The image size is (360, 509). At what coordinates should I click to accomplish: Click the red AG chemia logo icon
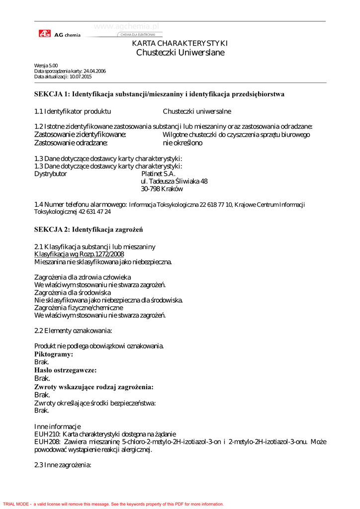click(x=44, y=34)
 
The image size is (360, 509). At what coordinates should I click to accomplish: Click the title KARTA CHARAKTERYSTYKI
click(x=180, y=44)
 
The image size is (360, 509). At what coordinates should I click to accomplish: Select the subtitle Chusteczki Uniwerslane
click(x=180, y=53)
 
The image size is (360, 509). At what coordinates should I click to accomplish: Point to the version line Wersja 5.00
click(x=46, y=66)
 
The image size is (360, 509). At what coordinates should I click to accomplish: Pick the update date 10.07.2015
click(x=81, y=77)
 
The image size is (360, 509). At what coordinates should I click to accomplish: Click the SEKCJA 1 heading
click(x=159, y=94)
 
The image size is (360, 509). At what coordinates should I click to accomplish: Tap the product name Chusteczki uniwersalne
click(x=197, y=111)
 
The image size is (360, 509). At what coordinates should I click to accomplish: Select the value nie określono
click(x=182, y=143)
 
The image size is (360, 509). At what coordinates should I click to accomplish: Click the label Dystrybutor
click(x=50, y=174)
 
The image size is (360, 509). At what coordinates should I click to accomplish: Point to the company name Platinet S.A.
click(x=158, y=174)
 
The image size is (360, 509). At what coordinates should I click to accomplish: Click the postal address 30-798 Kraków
click(x=162, y=189)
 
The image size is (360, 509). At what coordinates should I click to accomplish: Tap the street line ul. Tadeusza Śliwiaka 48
click(x=175, y=181)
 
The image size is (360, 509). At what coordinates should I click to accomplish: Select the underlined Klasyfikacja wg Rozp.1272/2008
click(x=79, y=254)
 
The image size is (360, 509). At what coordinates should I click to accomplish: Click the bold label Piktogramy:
click(x=54, y=354)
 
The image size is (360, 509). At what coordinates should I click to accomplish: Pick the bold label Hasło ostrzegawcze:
click(x=65, y=370)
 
